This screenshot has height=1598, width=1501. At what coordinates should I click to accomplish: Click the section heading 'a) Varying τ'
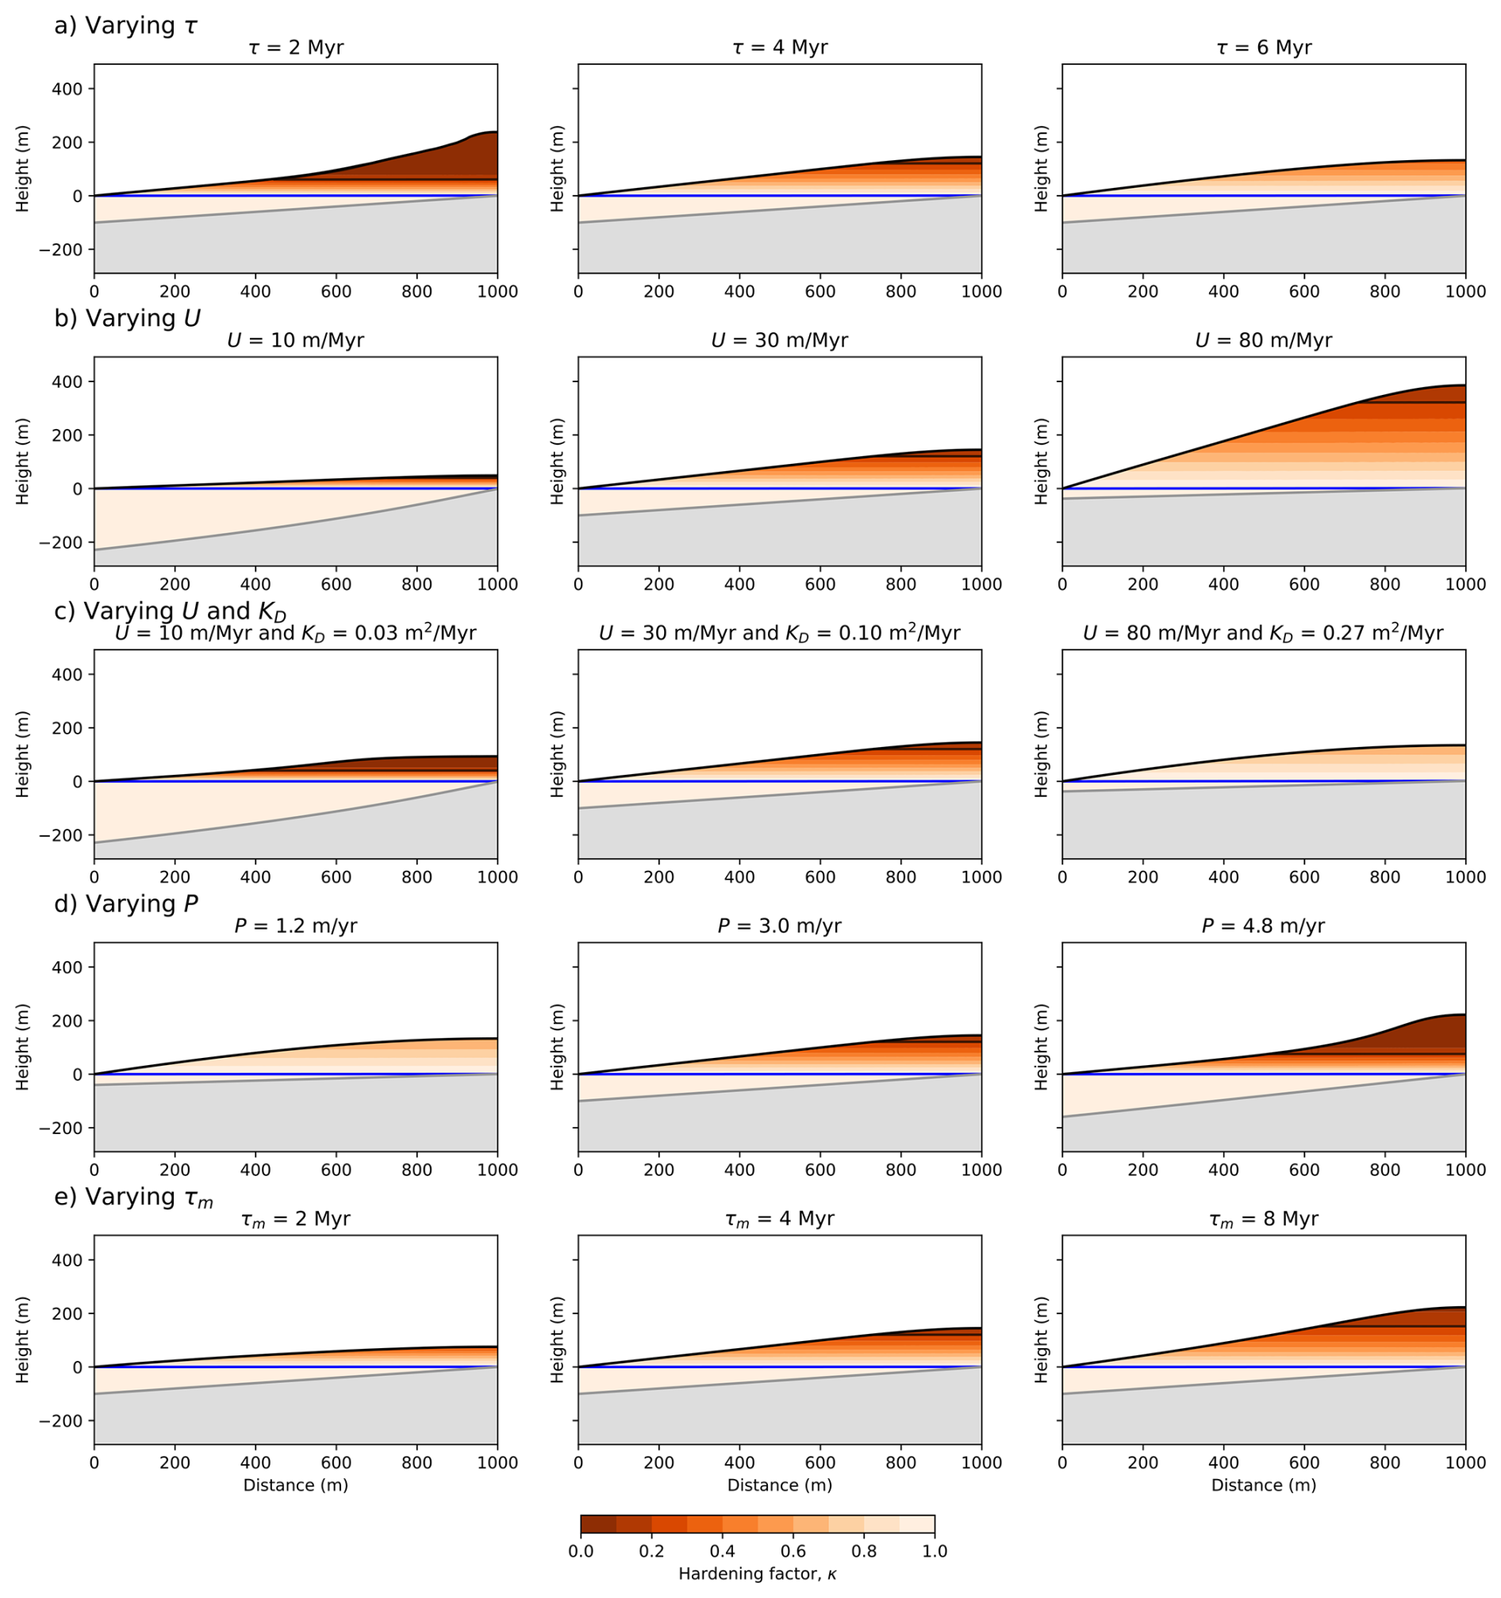coord(125,25)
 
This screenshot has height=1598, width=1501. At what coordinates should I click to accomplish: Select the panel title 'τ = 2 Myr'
coord(295,48)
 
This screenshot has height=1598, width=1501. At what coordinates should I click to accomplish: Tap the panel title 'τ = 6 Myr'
coord(1263,48)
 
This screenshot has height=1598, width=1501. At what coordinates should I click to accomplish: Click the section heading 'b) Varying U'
coord(127,318)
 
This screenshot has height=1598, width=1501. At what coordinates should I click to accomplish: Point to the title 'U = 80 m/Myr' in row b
coord(1263,341)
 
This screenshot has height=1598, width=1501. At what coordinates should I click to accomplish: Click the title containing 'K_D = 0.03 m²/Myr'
coord(295,634)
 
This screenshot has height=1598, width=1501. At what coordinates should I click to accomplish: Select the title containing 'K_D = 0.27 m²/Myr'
coord(1263,634)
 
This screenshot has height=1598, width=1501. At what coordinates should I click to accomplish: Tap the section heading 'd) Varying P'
coord(125,904)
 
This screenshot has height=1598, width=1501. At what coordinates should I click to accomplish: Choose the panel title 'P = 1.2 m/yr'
coord(295,926)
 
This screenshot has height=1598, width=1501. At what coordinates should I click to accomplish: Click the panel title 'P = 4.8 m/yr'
coord(1263,926)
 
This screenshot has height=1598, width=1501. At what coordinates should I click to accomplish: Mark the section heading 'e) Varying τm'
coord(133,1198)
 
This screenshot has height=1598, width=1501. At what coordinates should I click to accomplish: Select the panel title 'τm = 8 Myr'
coord(1263,1220)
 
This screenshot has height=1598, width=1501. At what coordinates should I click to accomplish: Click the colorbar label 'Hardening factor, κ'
coord(757,1574)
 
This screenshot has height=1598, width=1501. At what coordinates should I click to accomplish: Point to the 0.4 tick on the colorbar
coord(722,1550)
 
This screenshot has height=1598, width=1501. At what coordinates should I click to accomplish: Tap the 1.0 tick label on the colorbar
coord(935,1550)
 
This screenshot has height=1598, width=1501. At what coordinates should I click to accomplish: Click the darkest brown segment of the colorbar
coord(598,1524)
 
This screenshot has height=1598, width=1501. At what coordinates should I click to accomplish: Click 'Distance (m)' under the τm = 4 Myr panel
coord(779,1485)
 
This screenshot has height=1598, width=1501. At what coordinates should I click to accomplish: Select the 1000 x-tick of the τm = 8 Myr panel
coord(1465,1463)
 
